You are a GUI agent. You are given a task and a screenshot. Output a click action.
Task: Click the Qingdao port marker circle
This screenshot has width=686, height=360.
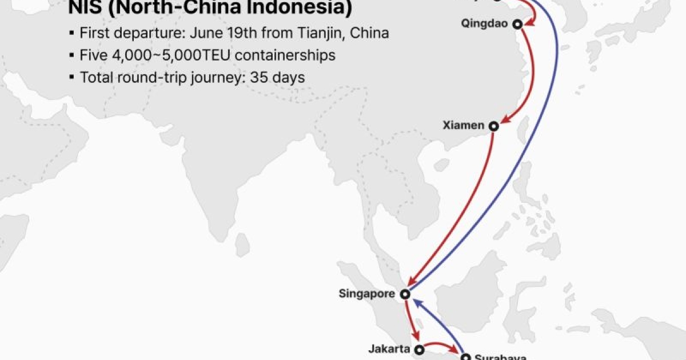517,24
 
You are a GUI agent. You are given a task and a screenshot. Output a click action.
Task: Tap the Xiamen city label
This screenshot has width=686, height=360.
463,125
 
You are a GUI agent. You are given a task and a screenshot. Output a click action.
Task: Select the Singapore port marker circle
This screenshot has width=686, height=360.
405,294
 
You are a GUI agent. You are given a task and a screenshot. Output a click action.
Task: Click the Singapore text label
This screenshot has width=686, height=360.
366,294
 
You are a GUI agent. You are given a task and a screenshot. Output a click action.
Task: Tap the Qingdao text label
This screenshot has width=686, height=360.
486,24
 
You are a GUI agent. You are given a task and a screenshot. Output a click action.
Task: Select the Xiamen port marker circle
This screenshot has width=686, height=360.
493,126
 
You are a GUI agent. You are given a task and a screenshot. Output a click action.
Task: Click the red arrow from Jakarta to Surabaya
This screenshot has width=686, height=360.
441,345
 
